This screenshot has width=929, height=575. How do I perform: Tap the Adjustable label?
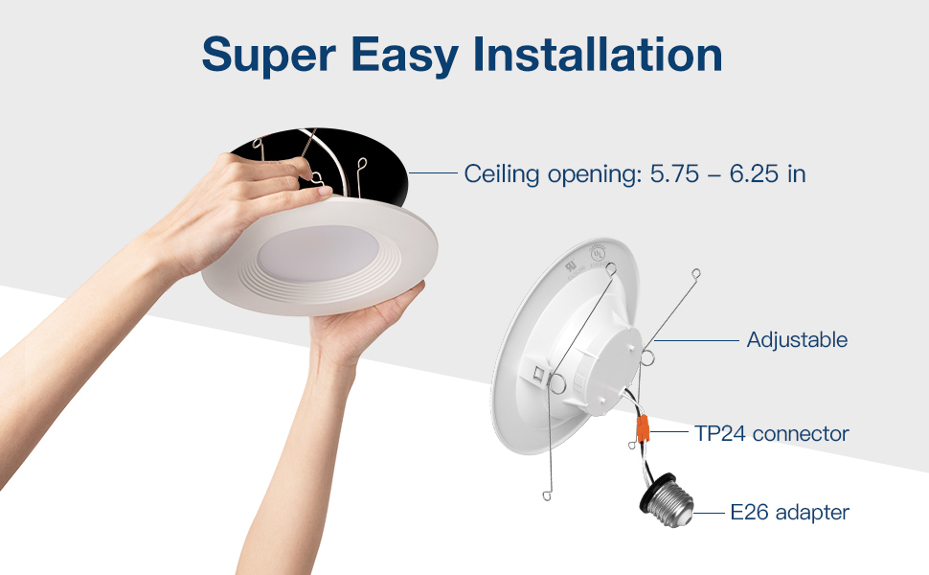pos(797,339)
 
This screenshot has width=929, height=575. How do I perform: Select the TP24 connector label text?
pos(772,433)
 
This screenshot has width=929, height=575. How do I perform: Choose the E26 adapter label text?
pos(789,513)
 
